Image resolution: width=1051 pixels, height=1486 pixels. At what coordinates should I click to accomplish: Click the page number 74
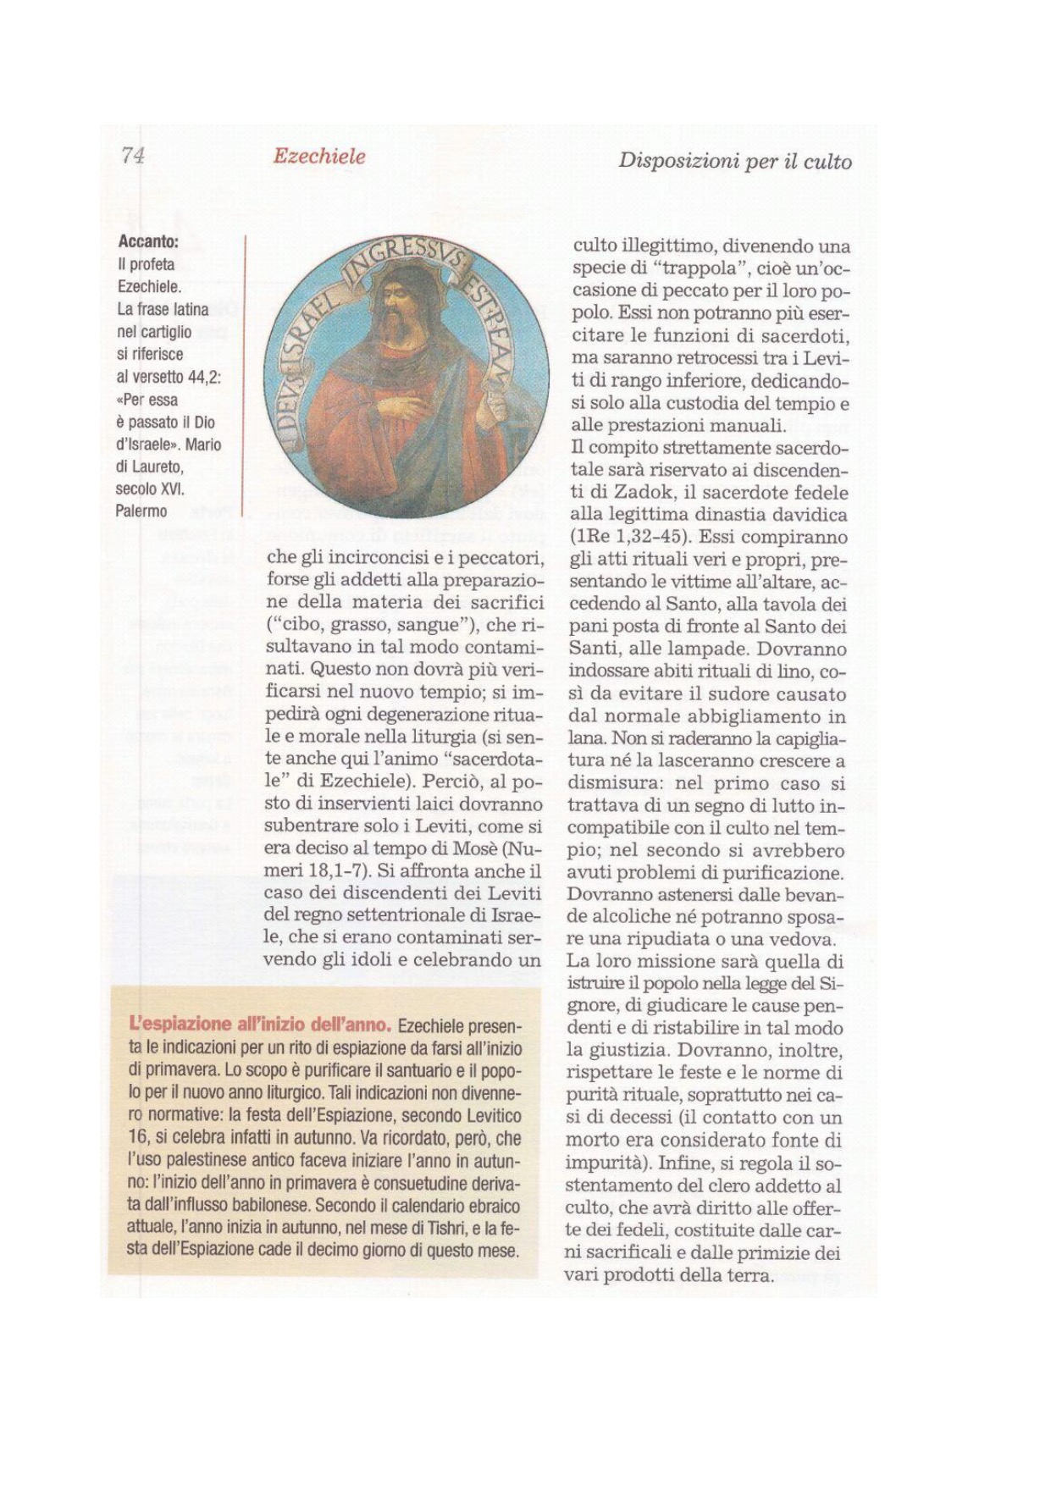coord(133,155)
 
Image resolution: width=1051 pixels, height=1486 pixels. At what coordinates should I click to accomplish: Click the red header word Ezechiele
coord(319,157)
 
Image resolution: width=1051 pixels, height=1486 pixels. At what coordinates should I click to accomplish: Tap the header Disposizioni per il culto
coord(734,161)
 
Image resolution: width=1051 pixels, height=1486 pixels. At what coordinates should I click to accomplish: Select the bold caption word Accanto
coord(148,241)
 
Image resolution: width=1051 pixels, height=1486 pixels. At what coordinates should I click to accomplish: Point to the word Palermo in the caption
coord(141,511)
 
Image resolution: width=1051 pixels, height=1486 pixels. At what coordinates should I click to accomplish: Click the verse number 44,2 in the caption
coord(200,377)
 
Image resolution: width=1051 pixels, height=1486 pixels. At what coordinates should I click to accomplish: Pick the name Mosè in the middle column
coord(476,848)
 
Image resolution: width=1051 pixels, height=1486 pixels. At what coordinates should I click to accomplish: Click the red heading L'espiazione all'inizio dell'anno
coord(260,1025)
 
